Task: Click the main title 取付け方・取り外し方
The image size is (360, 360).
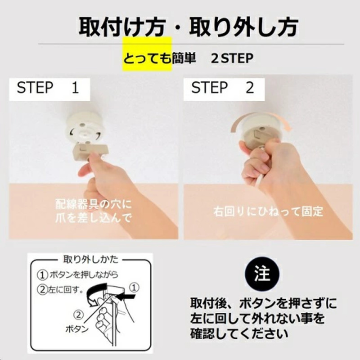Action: (188, 27)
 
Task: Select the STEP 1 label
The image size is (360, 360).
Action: (48, 87)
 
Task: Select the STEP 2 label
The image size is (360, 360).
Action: (223, 87)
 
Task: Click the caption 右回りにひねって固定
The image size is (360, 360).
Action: (268, 211)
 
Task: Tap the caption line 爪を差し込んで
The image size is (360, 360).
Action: (94, 219)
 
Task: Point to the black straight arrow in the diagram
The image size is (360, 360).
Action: (129, 297)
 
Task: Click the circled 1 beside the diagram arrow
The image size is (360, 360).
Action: (135, 286)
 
